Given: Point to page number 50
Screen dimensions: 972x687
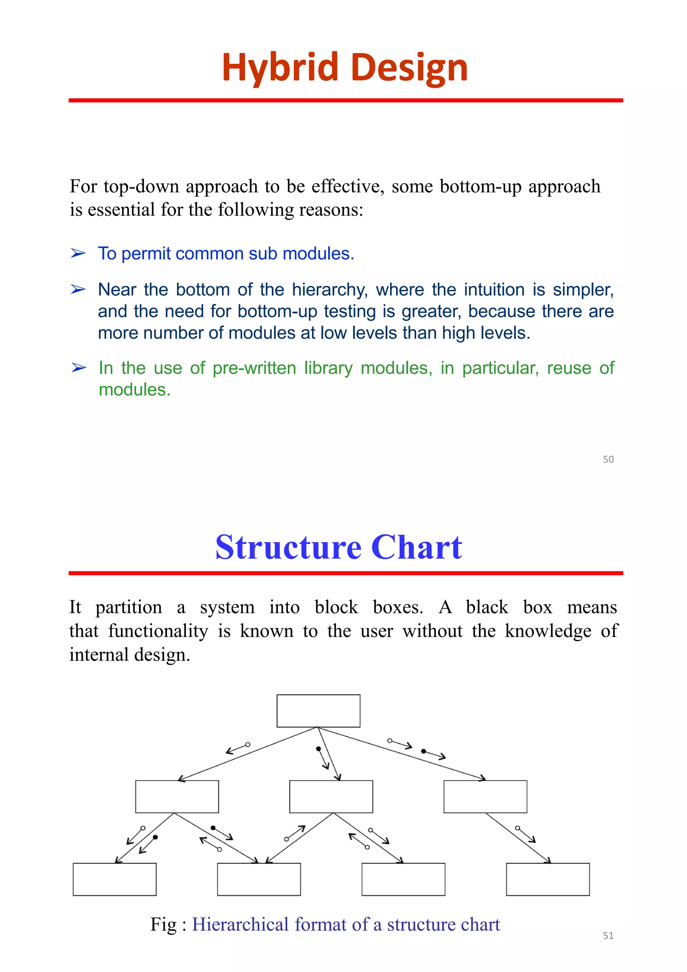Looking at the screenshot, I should click(608, 459).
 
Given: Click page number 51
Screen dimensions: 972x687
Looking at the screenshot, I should click(608, 936).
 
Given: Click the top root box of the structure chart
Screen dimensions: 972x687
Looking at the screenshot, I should click(318, 711).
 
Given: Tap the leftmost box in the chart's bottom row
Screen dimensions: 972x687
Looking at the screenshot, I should click(115, 879).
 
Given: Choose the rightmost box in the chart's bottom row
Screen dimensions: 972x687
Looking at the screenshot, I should click(548, 879).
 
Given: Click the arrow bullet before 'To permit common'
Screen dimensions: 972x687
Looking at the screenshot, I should click(78, 254).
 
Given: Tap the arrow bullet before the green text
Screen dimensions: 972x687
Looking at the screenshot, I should click(79, 368).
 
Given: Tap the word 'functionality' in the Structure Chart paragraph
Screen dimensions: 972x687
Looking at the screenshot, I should click(158, 631).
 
